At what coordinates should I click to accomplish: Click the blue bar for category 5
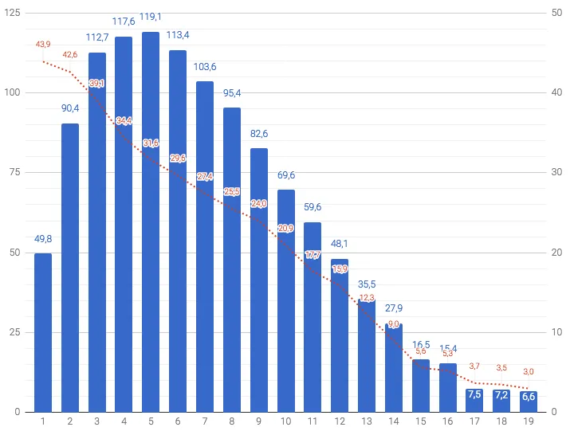[x=151, y=223]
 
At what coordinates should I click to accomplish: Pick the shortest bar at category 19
[x=529, y=402]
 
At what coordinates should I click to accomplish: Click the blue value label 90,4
[x=70, y=108]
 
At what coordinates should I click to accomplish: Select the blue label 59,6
[x=313, y=208]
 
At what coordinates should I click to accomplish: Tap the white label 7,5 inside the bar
[x=474, y=395]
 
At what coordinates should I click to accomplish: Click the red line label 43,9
[x=43, y=45]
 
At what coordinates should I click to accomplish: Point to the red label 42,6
[x=70, y=55]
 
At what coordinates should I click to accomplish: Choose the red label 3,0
[x=529, y=372]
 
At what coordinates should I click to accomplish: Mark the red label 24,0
[x=259, y=203]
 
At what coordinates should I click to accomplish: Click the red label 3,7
[x=474, y=366]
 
